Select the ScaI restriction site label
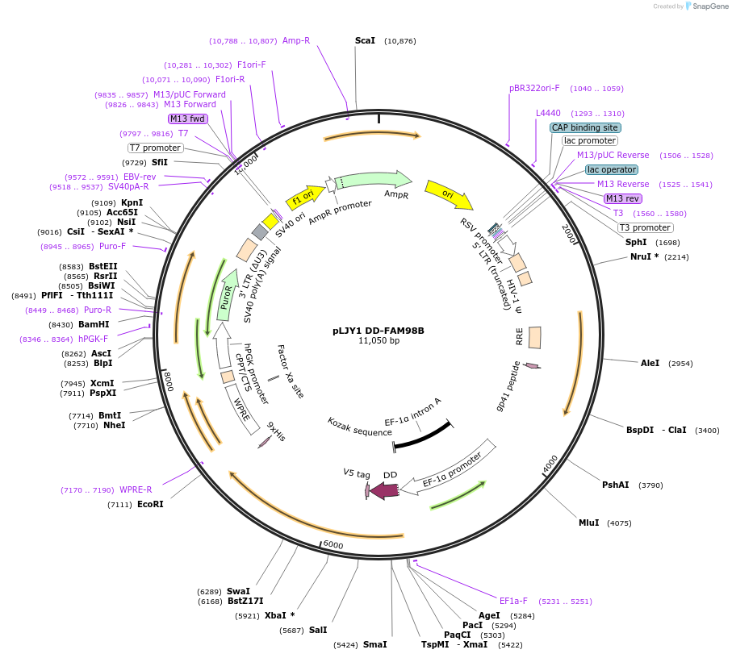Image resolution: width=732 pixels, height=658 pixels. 365,40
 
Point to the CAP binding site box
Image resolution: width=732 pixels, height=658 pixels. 585,127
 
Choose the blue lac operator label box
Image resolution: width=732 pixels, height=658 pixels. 611,169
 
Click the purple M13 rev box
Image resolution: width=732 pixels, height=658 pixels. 622,198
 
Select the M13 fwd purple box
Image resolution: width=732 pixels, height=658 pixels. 187,119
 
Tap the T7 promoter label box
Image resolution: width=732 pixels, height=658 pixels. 156,148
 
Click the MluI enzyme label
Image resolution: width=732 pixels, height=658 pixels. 588,523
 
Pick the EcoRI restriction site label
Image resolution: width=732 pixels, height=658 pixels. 150,504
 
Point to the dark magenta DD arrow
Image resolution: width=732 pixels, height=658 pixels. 385,489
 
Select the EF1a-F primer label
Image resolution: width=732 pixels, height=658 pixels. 513,601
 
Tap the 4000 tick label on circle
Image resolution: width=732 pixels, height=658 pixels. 550,464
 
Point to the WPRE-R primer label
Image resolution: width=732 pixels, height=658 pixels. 136,489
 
